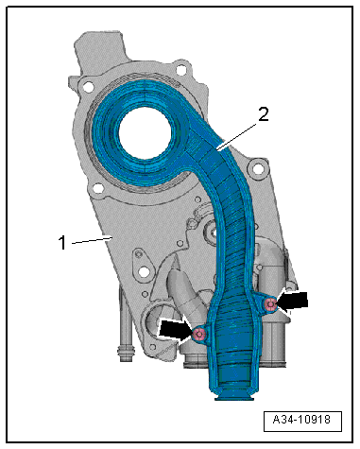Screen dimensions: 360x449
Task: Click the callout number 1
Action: coord(63,243)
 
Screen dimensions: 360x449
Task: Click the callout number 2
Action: coord(264,114)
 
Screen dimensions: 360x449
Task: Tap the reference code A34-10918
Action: coord(301,420)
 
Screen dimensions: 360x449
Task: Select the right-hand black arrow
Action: coord(292,302)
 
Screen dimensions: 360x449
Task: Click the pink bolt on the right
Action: coord(270,304)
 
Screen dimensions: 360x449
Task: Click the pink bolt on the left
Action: coord(199,334)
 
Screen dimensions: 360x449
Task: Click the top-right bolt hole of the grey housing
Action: coord(181,69)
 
